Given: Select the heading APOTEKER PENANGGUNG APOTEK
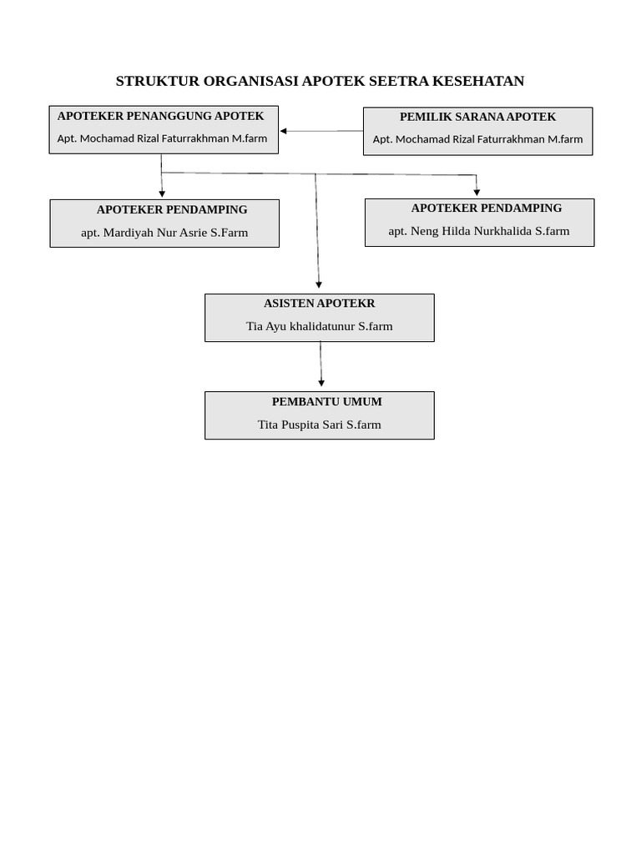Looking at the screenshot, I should [160, 116].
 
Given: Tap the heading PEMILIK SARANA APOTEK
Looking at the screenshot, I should [477, 117].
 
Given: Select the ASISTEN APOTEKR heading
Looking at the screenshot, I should [319, 304].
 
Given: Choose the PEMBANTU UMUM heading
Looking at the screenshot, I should [326, 402].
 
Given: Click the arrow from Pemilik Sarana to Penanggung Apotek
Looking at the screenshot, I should [321, 131].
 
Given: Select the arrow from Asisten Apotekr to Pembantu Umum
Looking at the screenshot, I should [320, 364].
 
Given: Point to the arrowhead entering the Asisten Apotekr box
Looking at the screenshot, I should [319, 285].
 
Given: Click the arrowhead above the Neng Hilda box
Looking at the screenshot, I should [477, 193].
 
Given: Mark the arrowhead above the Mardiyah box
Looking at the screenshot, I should [162, 193].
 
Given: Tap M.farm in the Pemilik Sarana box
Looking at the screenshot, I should [565, 139].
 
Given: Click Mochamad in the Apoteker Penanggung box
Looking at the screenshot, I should [106, 138].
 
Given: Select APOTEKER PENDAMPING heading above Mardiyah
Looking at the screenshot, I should [172, 209].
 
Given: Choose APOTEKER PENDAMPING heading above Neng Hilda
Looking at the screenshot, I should [487, 208].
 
